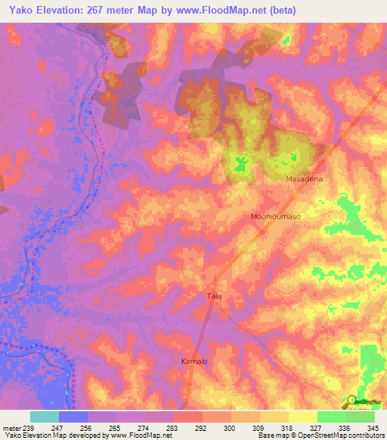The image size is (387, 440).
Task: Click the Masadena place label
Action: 305,179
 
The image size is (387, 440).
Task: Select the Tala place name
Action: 214,296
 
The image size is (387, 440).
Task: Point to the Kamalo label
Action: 194,361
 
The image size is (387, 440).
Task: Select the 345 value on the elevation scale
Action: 373,428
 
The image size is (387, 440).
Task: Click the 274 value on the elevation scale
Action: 145,428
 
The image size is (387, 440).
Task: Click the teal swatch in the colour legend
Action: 45,417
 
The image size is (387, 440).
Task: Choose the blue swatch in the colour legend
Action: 73,417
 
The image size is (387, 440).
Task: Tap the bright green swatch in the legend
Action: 331,417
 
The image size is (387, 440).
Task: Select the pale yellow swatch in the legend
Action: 302,417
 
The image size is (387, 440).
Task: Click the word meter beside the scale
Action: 11,428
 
